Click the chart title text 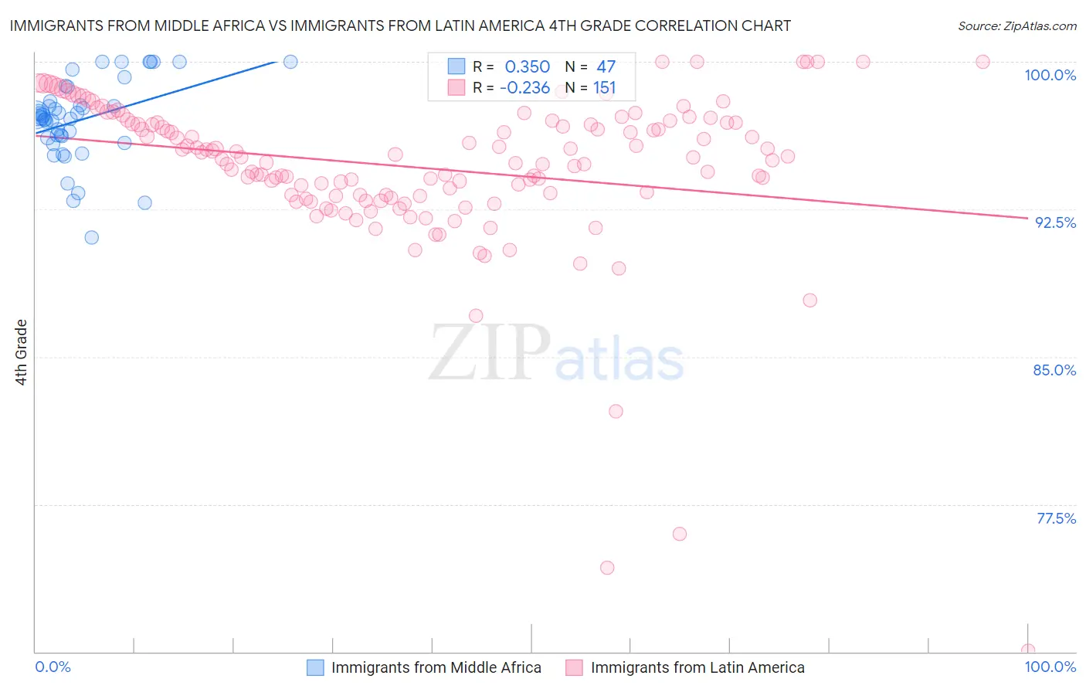[400, 25]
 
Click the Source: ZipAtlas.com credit [1016, 25]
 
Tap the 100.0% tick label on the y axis [1050, 75]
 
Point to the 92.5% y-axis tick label [1055, 222]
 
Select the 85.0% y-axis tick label [1054, 370]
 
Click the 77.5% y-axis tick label [1056, 518]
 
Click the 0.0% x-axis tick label [53, 667]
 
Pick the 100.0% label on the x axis [1050, 667]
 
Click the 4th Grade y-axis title [21, 352]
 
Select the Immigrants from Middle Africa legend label [436, 667]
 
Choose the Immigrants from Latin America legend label [697, 667]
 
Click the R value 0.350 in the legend [527, 67]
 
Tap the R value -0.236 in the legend [524, 88]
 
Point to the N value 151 [604, 88]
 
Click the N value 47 [606, 67]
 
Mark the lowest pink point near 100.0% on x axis [1027, 650]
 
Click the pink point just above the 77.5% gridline [680, 534]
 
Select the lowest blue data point [92, 237]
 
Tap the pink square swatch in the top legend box [456, 88]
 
